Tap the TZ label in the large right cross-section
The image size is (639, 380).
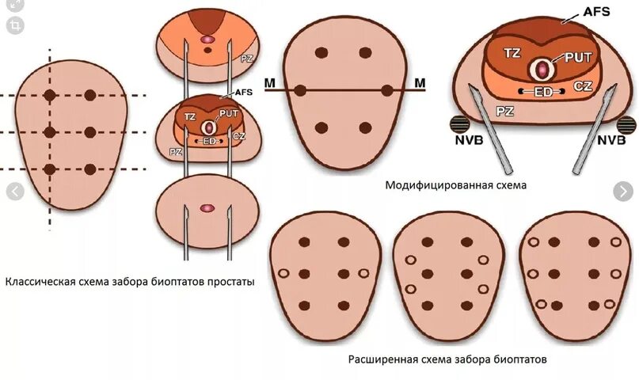pos(512,54)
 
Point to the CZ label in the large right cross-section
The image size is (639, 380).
pos(584,85)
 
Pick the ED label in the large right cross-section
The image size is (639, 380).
pos(542,92)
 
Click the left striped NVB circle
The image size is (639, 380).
pos(460,125)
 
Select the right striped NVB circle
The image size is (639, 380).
pos(626,125)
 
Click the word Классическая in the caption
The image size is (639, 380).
pos(40,281)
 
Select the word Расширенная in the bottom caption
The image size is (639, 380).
pos(382,359)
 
